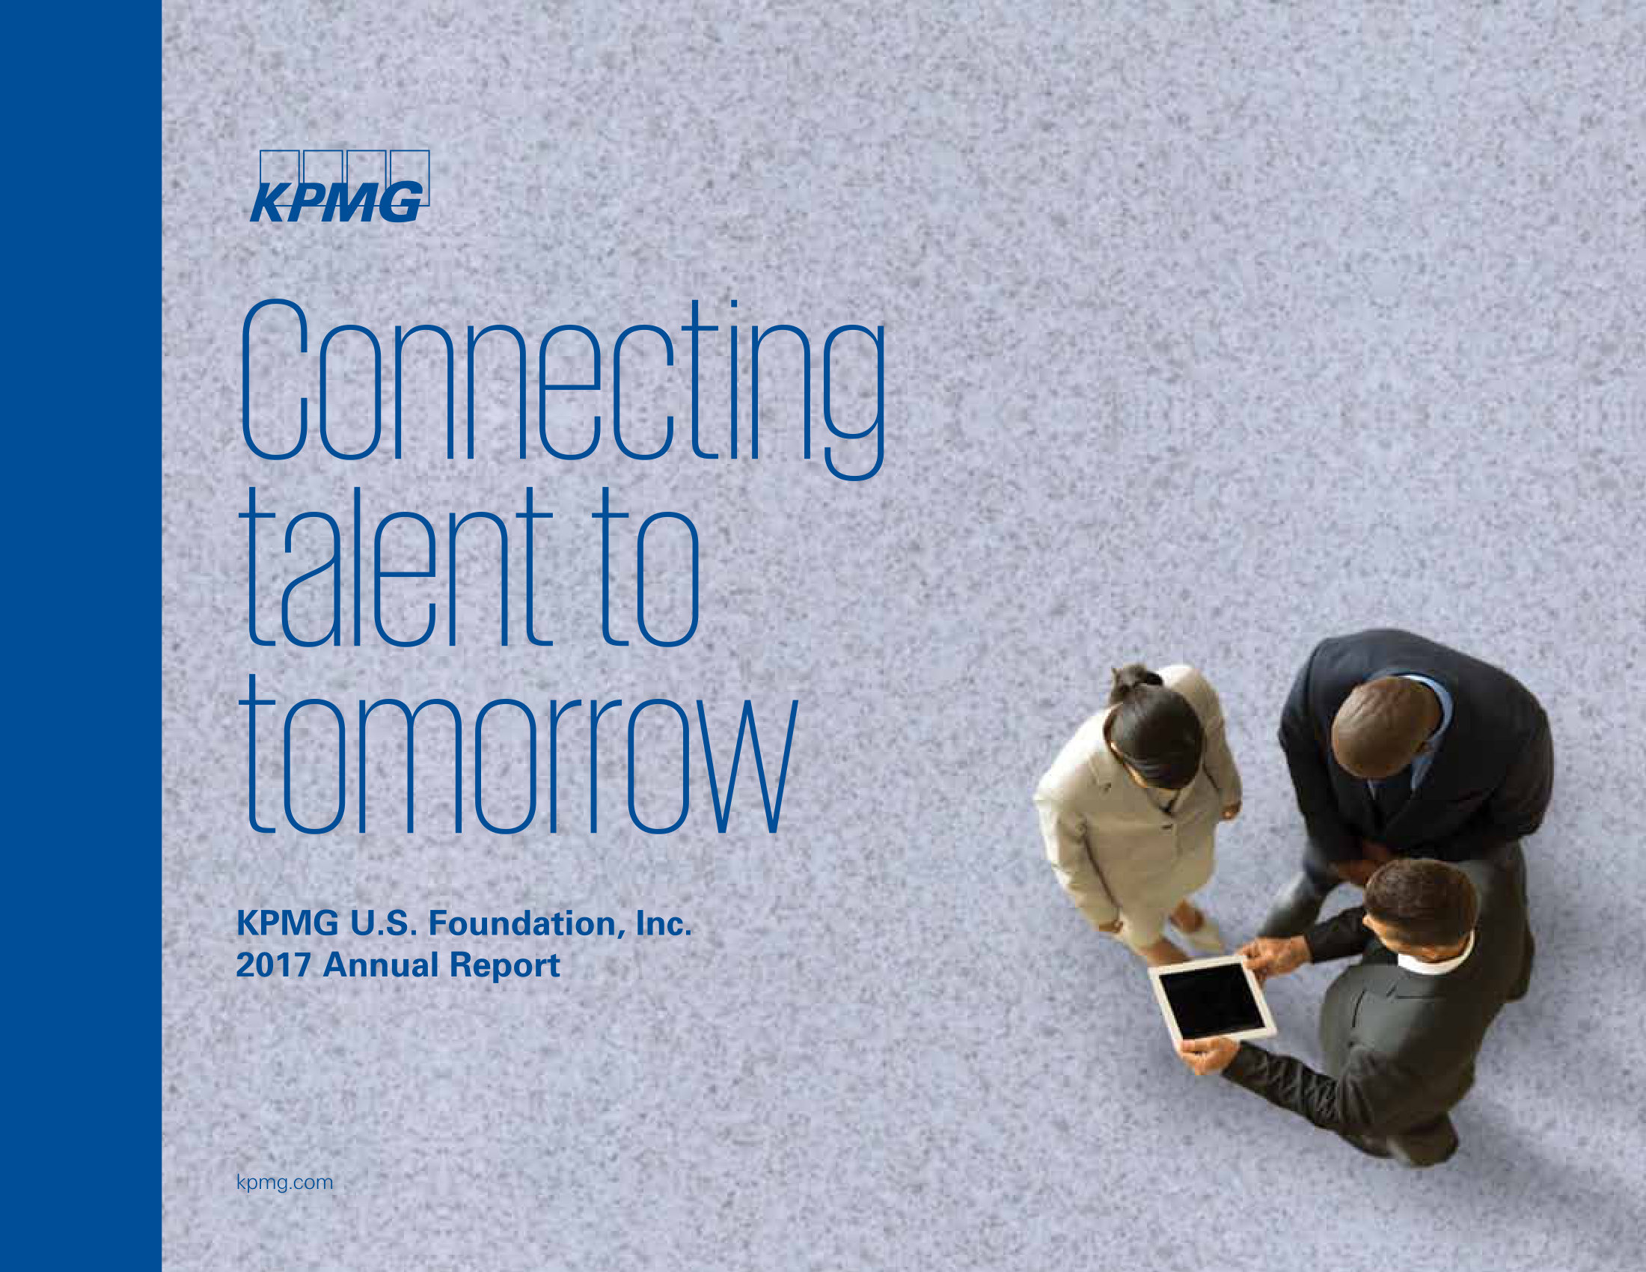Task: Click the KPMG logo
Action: (340, 186)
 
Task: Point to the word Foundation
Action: (527, 924)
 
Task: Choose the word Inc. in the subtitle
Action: (663, 924)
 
